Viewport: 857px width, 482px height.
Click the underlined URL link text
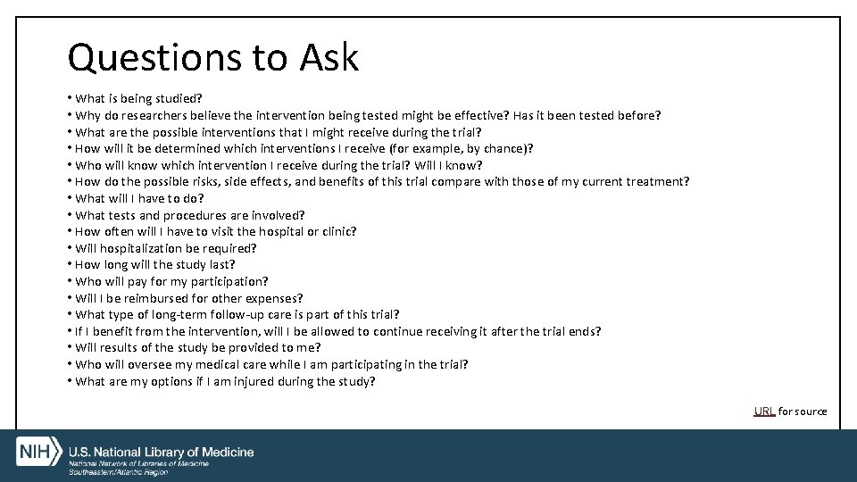(x=764, y=411)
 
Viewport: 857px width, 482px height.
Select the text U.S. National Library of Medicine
(x=162, y=453)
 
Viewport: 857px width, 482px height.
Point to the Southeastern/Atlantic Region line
(x=119, y=471)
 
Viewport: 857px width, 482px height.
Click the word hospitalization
(x=138, y=248)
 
